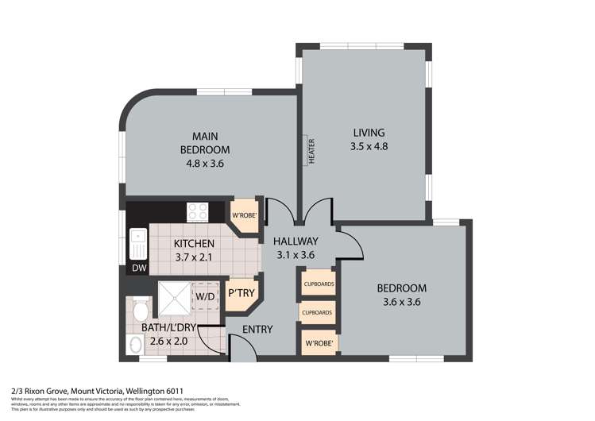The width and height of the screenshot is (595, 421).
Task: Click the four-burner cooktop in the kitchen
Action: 197,212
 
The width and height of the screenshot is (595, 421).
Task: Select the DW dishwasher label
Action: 138,269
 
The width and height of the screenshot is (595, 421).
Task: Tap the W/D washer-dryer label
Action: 205,297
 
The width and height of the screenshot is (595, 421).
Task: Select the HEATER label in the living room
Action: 311,152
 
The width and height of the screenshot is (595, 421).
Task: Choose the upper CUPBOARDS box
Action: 317,284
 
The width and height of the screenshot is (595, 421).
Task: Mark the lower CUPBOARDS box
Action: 317,313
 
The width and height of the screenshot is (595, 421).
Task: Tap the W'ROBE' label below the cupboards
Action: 317,344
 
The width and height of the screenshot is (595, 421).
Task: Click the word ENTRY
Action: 257,330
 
